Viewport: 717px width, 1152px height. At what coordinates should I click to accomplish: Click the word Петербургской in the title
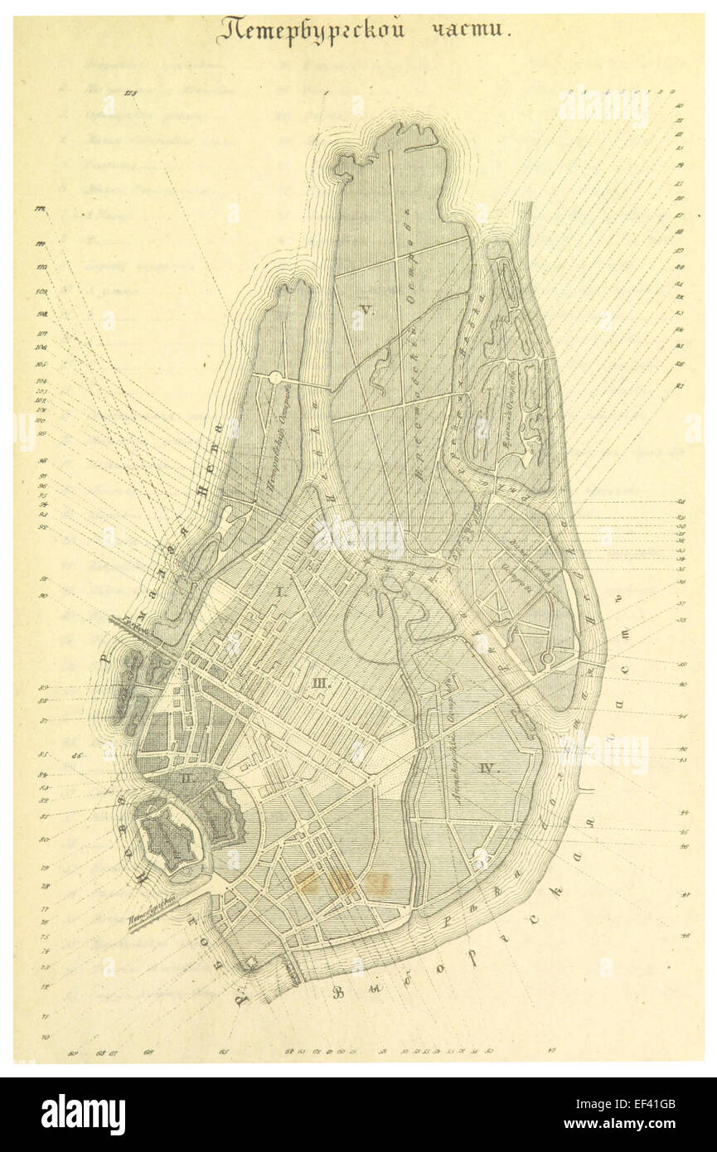tap(311, 31)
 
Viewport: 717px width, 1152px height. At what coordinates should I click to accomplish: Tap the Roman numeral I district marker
tap(280, 592)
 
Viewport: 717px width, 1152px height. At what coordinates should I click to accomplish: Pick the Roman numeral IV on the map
tap(489, 768)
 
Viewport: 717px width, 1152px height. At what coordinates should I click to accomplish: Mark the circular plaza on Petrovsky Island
tap(275, 378)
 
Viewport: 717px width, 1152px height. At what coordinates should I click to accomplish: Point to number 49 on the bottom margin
tap(550, 1053)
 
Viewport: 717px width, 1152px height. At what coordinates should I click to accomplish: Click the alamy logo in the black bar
tap(83, 1115)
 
